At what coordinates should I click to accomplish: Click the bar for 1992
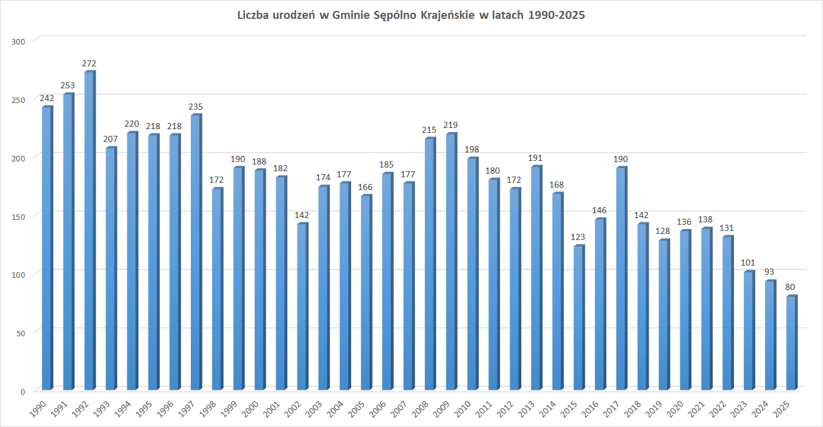click(x=89, y=231)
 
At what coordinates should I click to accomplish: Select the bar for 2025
click(x=791, y=343)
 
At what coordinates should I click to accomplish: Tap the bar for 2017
click(x=621, y=279)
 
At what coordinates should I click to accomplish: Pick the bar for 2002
click(x=302, y=307)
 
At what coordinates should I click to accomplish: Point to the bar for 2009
click(x=451, y=262)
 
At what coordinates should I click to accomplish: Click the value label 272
click(x=89, y=63)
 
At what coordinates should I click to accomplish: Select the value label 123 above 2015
click(x=578, y=237)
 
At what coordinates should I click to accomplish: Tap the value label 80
click(x=791, y=287)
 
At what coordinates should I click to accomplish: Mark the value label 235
click(x=195, y=107)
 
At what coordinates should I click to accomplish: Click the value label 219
click(x=451, y=125)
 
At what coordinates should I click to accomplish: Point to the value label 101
click(x=748, y=263)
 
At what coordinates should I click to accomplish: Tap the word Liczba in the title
click(x=253, y=16)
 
